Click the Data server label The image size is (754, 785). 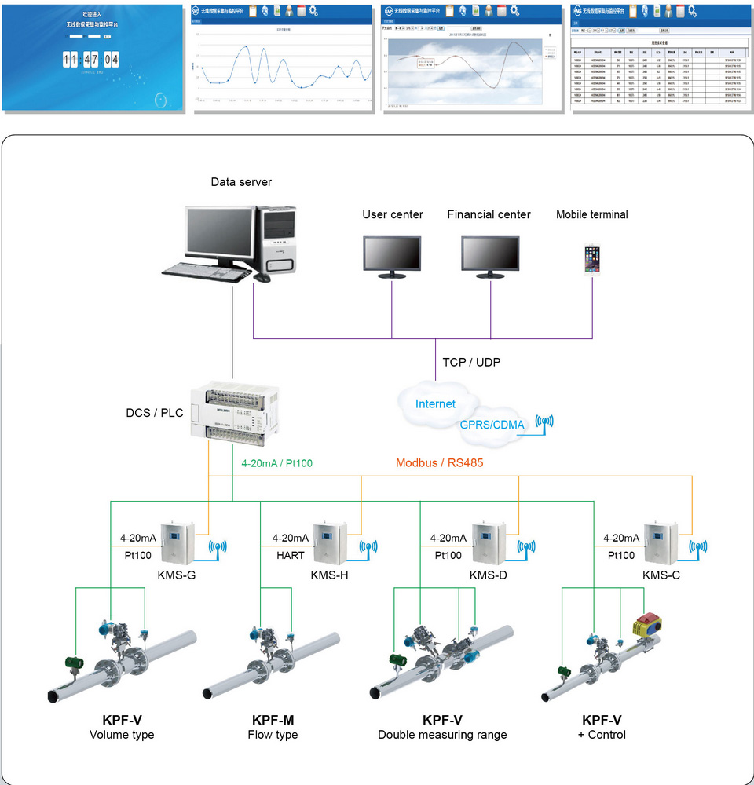pyautogui.click(x=241, y=182)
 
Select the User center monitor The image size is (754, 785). pyautogui.click(x=392, y=256)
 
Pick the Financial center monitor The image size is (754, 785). pyautogui.click(x=490, y=256)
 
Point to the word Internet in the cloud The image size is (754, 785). pyautogui.click(x=435, y=404)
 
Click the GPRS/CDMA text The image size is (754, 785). pyautogui.click(x=492, y=425)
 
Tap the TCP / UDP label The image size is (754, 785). pyautogui.click(x=471, y=362)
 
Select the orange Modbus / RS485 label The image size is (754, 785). pyautogui.click(x=439, y=463)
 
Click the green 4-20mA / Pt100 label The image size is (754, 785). pyautogui.click(x=276, y=463)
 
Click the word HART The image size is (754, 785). pyautogui.click(x=290, y=555)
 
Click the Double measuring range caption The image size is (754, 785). pyautogui.click(x=442, y=735)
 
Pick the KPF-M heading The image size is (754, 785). pyautogui.click(x=273, y=720)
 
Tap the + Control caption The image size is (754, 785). pyautogui.click(x=602, y=735)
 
